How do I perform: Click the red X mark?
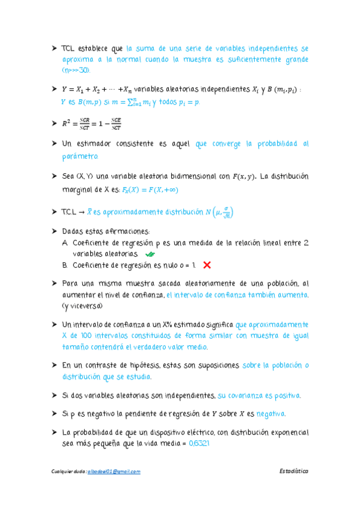207,265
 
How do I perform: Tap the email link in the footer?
114,472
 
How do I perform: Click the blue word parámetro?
80,156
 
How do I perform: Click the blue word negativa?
270,414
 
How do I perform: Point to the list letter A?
65,243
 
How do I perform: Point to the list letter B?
65,265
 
